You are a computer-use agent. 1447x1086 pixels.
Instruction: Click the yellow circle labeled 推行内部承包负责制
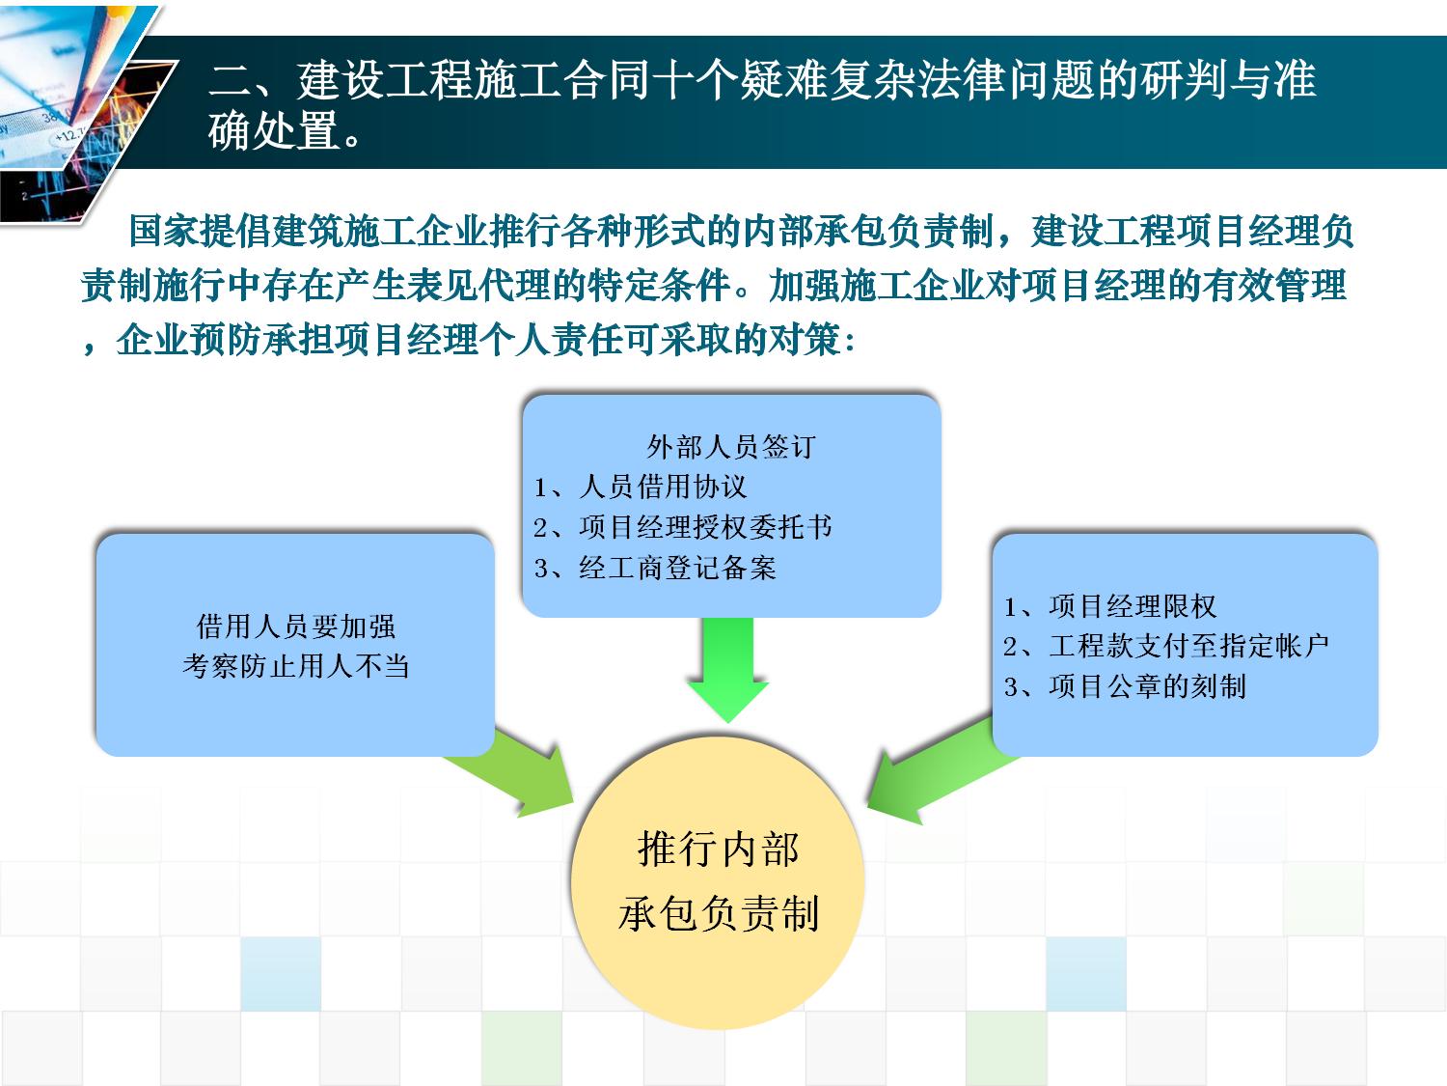[x=718, y=882]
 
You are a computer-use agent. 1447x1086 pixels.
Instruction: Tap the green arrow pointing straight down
[x=727, y=669]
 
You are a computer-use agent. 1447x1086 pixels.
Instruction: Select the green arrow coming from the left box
[x=514, y=771]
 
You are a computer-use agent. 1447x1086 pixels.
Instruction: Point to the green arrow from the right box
[x=936, y=775]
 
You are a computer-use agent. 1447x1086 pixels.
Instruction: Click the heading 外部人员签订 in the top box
[x=730, y=447]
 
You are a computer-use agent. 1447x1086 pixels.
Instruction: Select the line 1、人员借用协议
[x=641, y=487]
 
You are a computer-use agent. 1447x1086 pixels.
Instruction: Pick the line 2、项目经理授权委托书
[x=683, y=527]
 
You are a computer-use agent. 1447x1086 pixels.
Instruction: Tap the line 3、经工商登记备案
[x=655, y=568]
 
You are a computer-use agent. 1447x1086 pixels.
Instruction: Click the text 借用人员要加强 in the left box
[x=296, y=627]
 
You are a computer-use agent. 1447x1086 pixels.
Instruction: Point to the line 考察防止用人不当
[x=296, y=666]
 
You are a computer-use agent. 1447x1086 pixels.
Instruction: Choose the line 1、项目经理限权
[x=1110, y=606]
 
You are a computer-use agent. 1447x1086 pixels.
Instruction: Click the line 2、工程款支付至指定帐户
[x=1166, y=646]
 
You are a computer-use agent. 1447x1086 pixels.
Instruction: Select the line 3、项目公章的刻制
[x=1125, y=686]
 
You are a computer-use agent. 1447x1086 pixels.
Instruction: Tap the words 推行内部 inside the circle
[x=719, y=849]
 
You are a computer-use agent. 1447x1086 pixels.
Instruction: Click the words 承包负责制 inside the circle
[x=719, y=914]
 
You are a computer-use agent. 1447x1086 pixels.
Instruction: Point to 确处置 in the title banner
[x=275, y=130]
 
